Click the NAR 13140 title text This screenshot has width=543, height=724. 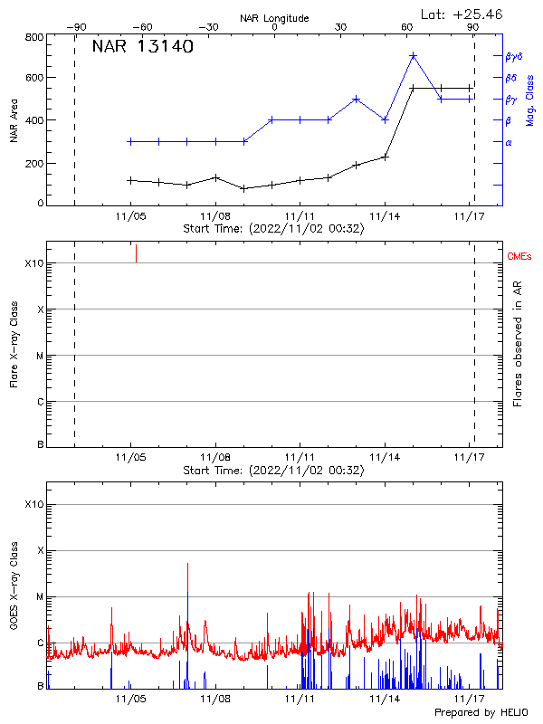[142, 48]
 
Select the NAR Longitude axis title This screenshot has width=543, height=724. [274, 17]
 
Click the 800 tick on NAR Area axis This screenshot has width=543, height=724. [35, 38]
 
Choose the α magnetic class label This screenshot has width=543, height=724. [508, 142]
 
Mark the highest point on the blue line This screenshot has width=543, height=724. [413, 56]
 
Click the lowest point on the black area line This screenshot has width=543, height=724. [243, 188]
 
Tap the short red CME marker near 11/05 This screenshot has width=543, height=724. [136, 253]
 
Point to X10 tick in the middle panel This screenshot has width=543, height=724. [34, 263]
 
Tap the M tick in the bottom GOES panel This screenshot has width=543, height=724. [40, 597]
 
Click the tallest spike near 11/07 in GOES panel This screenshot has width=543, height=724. [187, 566]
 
